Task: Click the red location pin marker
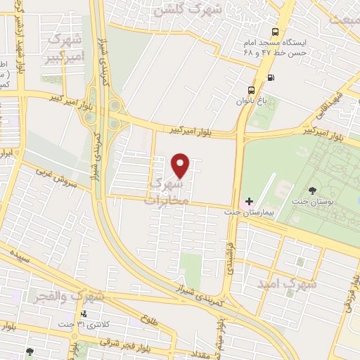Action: point(181,165)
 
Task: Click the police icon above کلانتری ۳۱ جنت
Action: point(84,314)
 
